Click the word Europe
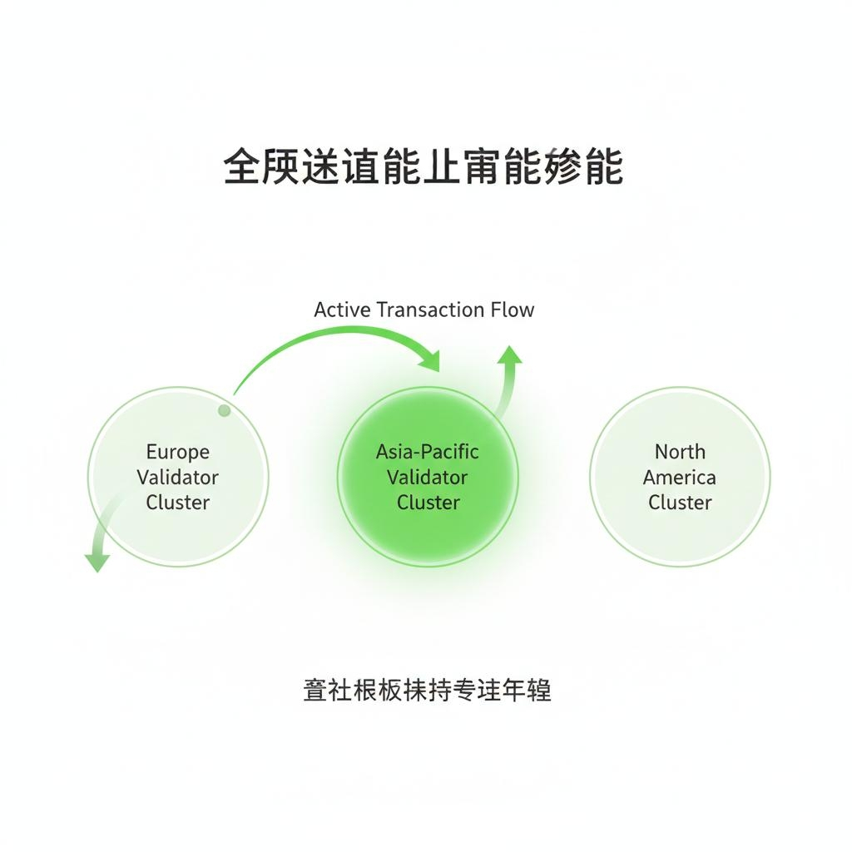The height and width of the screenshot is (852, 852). pos(178,452)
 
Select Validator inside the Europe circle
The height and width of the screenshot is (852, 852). pos(178,478)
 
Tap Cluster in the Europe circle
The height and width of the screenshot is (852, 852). pos(178,503)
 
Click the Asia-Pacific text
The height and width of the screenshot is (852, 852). pos(428,452)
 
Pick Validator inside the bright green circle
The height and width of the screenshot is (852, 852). pos(428,478)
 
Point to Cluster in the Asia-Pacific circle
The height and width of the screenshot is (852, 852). pos(428,503)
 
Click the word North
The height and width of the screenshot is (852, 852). pos(680,452)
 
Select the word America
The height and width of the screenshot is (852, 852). pos(680,478)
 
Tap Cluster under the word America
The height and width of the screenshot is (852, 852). pos(680,503)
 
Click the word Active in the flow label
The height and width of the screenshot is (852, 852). pos(342,310)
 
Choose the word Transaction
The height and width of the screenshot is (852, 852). pos(430,310)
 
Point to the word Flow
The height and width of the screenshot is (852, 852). pos(513,310)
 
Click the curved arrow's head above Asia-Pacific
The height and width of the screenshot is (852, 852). pos(430,360)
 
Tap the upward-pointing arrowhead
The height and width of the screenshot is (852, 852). pos(510,355)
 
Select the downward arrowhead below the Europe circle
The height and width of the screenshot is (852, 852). pos(97,562)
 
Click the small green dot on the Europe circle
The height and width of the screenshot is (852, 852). pos(224,410)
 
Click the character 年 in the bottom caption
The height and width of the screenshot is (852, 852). pos(513,691)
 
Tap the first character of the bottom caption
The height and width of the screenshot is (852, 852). pos(315,691)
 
